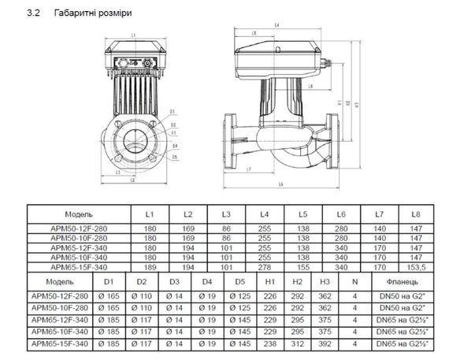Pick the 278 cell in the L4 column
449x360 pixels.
(x=265, y=266)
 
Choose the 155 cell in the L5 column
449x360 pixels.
(x=302, y=266)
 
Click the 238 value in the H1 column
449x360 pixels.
(x=270, y=344)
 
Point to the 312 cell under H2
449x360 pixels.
(x=298, y=344)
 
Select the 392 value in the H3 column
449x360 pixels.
(x=325, y=344)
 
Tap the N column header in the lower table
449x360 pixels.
(x=354, y=280)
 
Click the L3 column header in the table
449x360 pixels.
(x=226, y=214)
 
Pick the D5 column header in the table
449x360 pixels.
(x=240, y=280)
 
